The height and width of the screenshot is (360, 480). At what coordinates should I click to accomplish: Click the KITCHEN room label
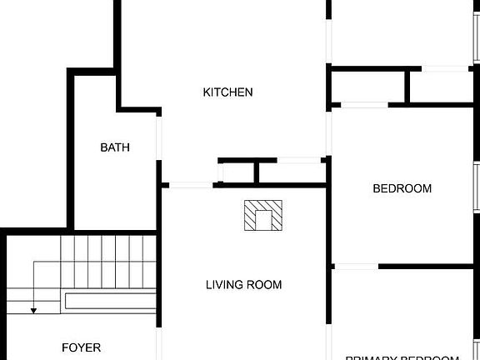click(227, 92)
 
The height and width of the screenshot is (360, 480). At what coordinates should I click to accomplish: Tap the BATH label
click(115, 147)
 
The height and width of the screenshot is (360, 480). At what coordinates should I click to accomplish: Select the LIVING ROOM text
click(243, 285)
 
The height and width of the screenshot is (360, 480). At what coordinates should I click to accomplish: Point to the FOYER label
click(81, 347)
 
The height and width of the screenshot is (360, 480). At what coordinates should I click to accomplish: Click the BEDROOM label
click(402, 188)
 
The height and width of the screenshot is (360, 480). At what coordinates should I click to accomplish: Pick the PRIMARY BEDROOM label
click(402, 356)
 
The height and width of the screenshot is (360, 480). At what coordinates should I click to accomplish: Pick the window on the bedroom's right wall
click(476, 187)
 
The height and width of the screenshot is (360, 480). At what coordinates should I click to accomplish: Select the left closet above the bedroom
click(370, 86)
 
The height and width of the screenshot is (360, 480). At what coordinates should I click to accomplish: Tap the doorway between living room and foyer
click(160, 333)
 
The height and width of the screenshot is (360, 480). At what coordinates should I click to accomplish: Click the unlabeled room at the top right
click(400, 32)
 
